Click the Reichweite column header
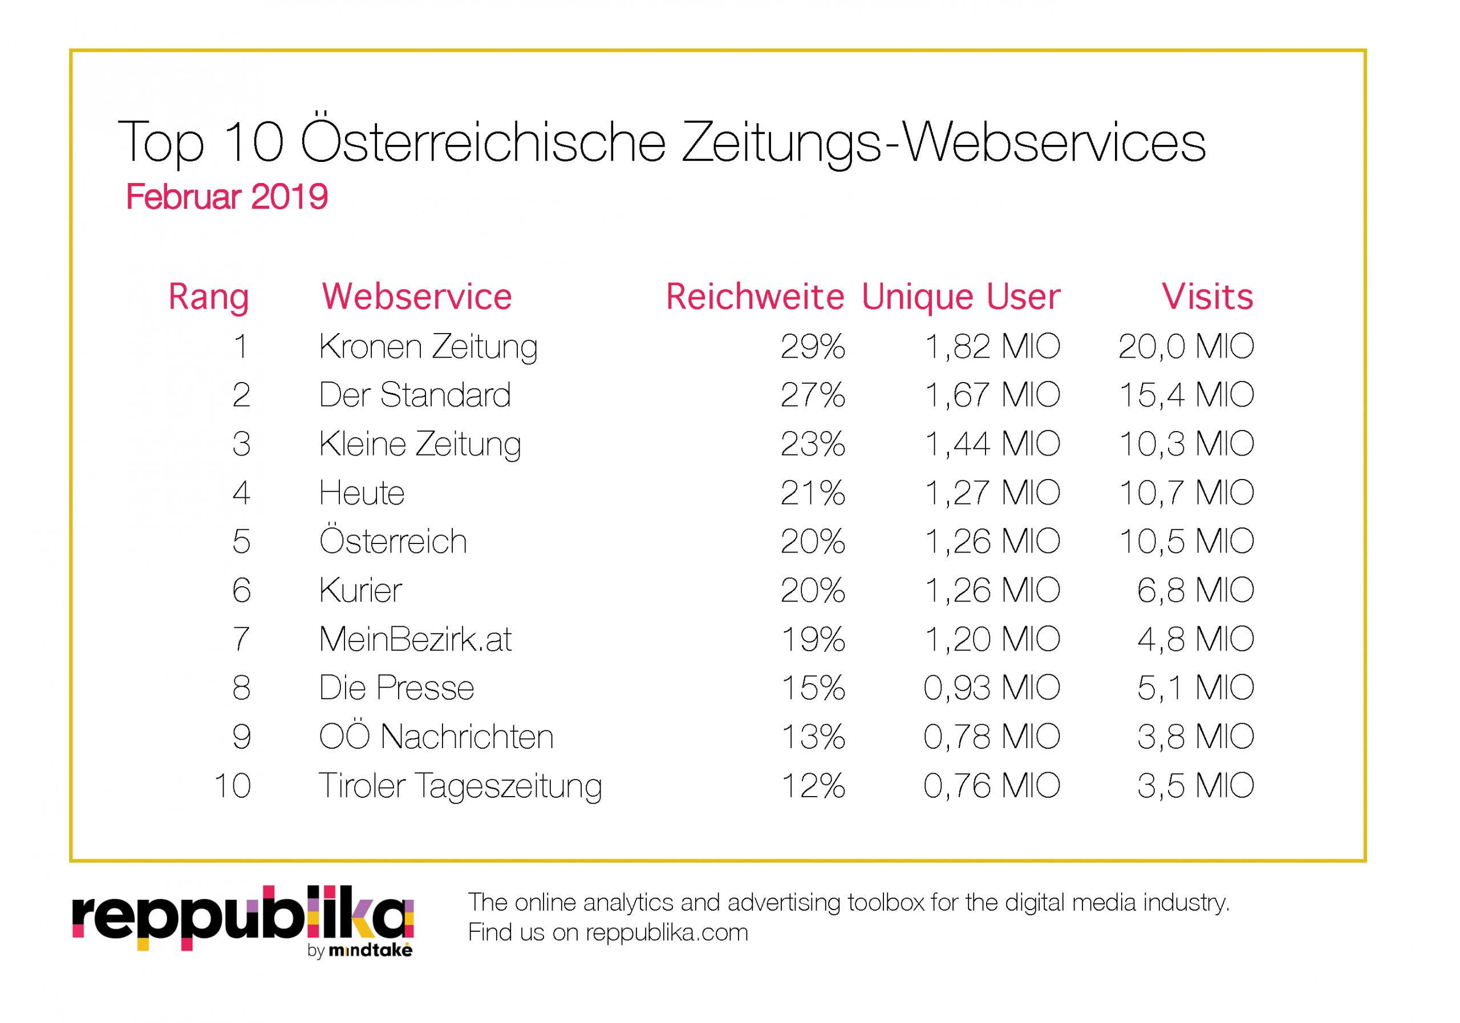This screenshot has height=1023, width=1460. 755,297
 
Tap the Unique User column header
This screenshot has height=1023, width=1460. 961,297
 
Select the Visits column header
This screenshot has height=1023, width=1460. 1207,297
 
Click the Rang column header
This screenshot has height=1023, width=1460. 208,297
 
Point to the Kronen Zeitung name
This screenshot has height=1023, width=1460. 428,347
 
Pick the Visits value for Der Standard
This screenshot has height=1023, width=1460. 1186,395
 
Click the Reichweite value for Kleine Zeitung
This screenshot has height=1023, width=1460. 813,444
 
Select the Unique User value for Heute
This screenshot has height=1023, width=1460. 992,493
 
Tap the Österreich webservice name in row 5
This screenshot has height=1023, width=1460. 393,541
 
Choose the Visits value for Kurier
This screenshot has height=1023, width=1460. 1195,590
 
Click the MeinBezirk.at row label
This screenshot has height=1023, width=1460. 415,639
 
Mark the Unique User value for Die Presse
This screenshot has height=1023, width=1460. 992,687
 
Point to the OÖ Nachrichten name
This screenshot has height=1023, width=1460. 436,736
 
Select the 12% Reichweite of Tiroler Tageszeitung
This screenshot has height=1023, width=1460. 813,785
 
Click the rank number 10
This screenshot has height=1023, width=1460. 233,785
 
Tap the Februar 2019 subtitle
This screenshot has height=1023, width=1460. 227,197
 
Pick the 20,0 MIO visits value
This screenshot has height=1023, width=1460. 1186,347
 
